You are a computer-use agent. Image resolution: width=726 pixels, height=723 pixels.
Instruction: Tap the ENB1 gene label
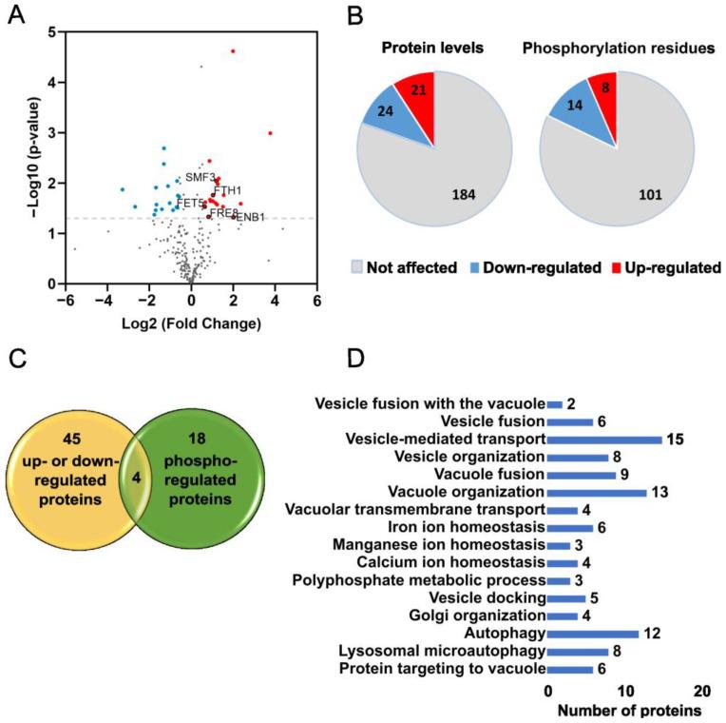click(250, 218)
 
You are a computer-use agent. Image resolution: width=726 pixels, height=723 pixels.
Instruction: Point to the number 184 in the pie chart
click(449, 196)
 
